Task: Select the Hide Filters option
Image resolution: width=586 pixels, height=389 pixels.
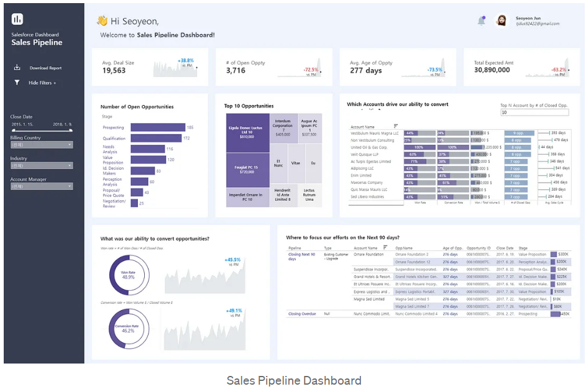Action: coord(42,83)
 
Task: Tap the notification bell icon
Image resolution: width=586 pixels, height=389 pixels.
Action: coord(482,21)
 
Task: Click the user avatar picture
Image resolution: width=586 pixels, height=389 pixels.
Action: coord(501,21)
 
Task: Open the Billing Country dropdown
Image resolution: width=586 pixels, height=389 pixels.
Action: coord(41,145)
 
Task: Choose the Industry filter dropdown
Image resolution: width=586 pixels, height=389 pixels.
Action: coord(41,166)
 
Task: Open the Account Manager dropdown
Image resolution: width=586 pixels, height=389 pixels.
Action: coord(41,186)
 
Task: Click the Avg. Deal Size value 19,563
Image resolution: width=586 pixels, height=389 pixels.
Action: coord(114,71)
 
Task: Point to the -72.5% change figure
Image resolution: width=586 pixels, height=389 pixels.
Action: coord(311,70)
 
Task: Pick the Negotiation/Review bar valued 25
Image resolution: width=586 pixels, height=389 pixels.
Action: coord(133,203)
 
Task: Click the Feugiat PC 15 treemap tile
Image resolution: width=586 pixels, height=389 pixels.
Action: coord(247,169)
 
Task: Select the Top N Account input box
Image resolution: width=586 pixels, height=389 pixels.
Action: coord(537,112)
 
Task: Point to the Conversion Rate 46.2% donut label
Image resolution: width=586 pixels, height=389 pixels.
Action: coord(128,328)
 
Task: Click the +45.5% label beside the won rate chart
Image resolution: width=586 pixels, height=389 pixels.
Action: coord(233,260)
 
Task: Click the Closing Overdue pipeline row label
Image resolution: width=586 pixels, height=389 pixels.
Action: coord(302,314)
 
